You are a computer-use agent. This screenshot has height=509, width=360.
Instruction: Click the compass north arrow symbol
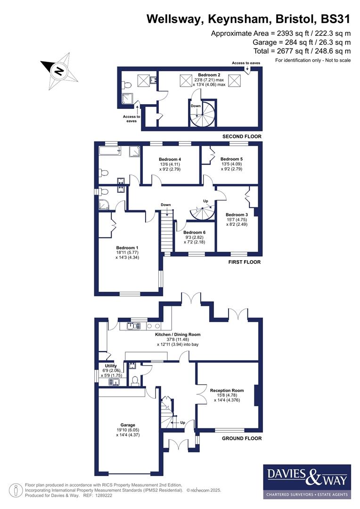(59, 72)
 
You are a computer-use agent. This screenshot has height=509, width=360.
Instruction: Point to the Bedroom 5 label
(231, 159)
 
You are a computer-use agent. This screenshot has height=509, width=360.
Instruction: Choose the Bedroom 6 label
(194, 232)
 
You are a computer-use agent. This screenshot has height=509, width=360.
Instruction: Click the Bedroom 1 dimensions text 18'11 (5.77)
(127, 253)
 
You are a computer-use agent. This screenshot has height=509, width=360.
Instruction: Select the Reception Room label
(227, 390)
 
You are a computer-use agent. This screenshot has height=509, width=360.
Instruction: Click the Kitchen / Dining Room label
(178, 334)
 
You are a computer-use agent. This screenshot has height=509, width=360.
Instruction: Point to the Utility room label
(111, 366)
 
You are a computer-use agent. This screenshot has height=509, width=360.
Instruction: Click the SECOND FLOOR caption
(242, 137)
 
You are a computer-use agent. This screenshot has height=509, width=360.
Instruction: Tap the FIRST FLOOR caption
(245, 262)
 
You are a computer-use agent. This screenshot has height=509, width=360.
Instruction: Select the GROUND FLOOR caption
(242, 438)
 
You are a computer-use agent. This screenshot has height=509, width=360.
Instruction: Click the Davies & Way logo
(307, 481)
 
